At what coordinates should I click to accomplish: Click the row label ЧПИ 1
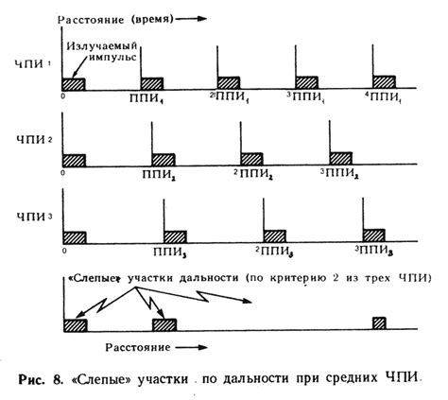(32, 64)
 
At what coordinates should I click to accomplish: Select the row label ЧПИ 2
(34, 139)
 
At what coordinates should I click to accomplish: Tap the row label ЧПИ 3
(34, 217)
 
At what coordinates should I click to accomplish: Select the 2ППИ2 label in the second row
(253, 174)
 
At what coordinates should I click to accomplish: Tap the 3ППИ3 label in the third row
(373, 251)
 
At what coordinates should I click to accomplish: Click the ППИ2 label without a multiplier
(159, 174)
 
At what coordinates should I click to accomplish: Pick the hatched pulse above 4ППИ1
(384, 82)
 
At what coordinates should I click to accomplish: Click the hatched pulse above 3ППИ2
(341, 158)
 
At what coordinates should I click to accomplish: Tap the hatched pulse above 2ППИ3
(275, 236)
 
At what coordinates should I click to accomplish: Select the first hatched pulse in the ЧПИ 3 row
(75, 237)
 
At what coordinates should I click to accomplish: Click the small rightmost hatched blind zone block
(379, 323)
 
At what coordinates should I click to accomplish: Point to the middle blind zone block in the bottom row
(164, 325)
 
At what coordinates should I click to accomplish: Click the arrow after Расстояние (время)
(191, 19)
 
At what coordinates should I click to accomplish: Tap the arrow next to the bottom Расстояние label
(192, 347)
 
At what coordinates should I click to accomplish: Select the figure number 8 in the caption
(57, 379)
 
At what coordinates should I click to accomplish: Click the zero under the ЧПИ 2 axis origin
(63, 173)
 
